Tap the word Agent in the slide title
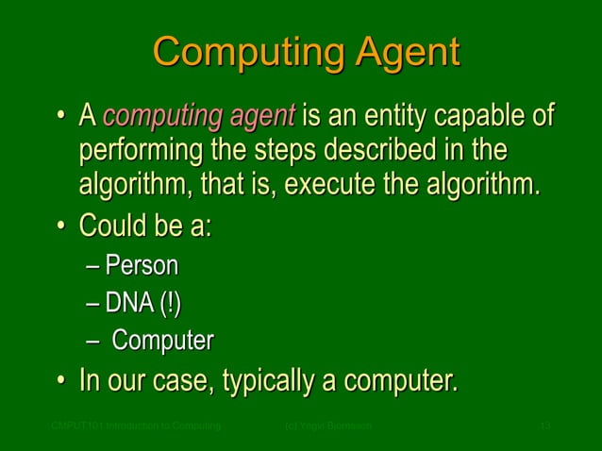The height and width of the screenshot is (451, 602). (x=401, y=53)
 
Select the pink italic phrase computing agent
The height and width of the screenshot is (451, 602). (x=199, y=119)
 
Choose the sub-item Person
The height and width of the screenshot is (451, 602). (x=142, y=267)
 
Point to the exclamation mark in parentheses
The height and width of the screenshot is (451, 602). (x=170, y=304)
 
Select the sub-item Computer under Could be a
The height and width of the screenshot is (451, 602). (x=163, y=341)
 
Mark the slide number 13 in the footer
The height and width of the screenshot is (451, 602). (x=543, y=427)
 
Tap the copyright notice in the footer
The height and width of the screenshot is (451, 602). (x=327, y=427)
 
